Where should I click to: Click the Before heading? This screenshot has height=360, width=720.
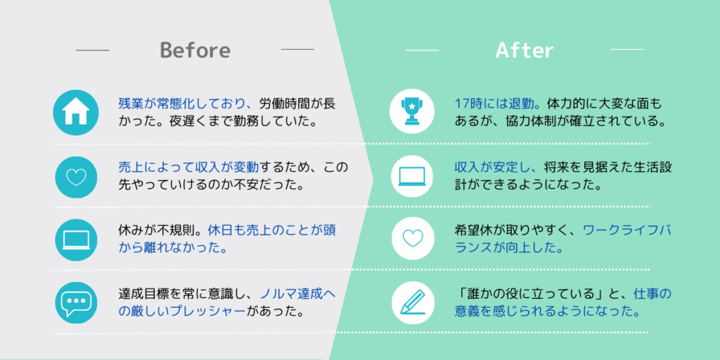pyautogui.click(x=195, y=50)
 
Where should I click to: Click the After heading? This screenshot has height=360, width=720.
pyautogui.click(x=525, y=50)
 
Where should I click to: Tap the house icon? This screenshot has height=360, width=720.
pyautogui.click(x=76, y=112)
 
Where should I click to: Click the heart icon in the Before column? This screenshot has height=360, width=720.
pyautogui.click(x=76, y=176)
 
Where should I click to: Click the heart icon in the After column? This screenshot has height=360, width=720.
pyautogui.click(x=412, y=238)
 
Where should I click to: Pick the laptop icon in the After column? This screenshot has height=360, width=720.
pyautogui.click(x=412, y=176)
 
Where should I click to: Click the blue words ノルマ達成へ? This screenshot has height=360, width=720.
pyautogui.click(x=297, y=294)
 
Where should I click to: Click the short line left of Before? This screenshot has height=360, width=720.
pyautogui.click(x=92, y=50)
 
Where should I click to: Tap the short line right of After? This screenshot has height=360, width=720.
pyautogui.click(x=626, y=49)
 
